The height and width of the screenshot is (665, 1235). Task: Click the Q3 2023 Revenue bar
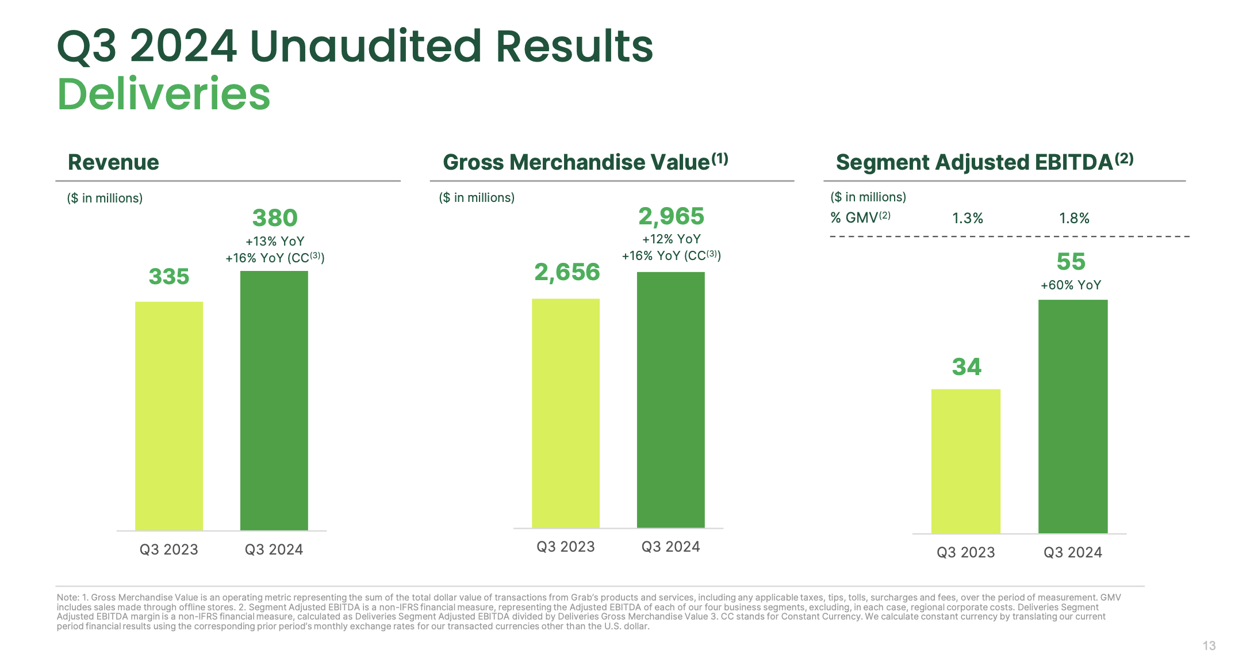[x=169, y=415]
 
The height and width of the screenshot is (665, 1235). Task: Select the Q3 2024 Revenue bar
[x=274, y=400]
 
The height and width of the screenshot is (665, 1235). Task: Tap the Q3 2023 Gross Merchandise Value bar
[x=566, y=413]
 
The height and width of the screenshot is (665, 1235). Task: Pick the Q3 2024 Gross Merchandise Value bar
[x=670, y=400]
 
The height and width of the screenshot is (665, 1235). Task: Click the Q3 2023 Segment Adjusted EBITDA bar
[x=965, y=461]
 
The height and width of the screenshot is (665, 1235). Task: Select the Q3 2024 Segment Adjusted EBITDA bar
[x=1072, y=416]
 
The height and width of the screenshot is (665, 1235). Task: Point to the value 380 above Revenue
[x=275, y=218]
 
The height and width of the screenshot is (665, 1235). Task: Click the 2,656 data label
[x=567, y=272]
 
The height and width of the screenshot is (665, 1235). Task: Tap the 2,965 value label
[x=671, y=216]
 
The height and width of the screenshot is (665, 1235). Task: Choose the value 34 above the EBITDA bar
[x=966, y=367]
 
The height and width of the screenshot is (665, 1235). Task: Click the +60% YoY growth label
[x=1071, y=285]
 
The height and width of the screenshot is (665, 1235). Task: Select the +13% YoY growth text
[x=275, y=241]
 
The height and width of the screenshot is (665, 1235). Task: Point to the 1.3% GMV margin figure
[x=968, y=219]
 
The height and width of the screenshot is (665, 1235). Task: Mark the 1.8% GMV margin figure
[x=1074, y=219]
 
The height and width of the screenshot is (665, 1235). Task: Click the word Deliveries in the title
[x=164, y=94]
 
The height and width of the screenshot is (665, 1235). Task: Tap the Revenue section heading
[x=113, y=162]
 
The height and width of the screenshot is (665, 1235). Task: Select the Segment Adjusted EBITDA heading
[x=974, y=162]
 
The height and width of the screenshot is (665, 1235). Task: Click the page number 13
[x=1209, y=645]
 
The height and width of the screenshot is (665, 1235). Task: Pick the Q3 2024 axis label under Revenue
[x=274, y=549]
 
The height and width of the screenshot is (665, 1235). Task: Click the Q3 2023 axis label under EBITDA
[x=965, y=552]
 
